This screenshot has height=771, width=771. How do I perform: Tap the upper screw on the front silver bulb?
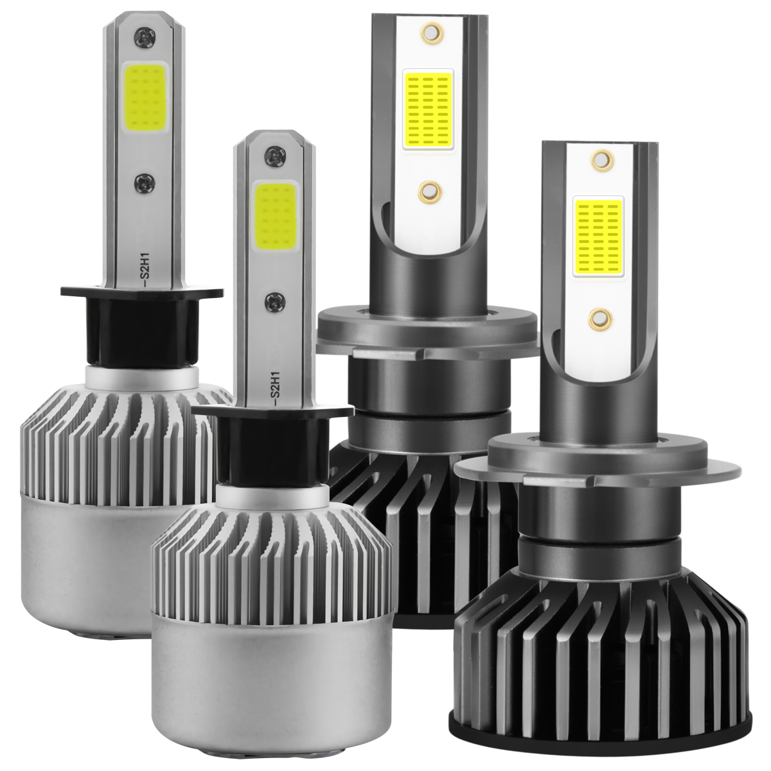point(277,154)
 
